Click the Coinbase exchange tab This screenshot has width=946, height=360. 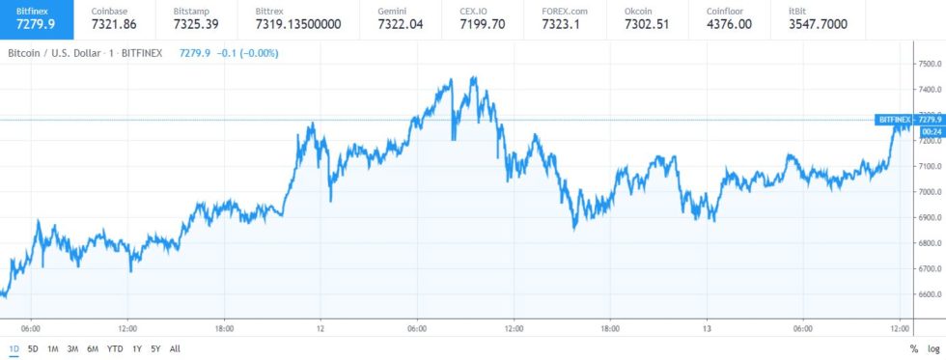pyautogui.click(x=113, y=17)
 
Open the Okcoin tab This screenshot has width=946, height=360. pyautogui.click(x=646, y=17)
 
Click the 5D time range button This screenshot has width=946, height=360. pyautogui.click(x=33, y=348)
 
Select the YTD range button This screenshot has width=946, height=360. pyautogui.click(x=115, y=348)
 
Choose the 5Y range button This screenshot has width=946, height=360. pyautogui.click(x=155, y=348)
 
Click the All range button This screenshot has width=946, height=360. pyautogui.click(x=175, y=348)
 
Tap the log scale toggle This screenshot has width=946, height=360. pyautogui.click(x=932, y=348)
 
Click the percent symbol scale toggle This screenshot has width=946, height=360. pyautogui.click(x=913, y=348)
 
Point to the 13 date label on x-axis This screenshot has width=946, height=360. pyautogui.click(x=707, y=327)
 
